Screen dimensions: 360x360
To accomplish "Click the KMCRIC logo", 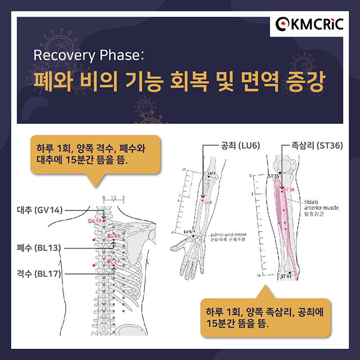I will click(x=310, y=24).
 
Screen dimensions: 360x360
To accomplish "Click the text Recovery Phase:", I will click(x=89, y=56).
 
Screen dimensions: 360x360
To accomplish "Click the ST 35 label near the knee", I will click(x=273, y=176).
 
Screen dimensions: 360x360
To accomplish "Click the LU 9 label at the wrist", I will click(x=188, y=232).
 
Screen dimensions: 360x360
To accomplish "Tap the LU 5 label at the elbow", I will click(x=211, y=173).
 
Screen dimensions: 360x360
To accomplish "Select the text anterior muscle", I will click(x=321, y=207).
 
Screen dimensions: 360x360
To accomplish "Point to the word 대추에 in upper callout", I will click(x=51, y=160).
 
